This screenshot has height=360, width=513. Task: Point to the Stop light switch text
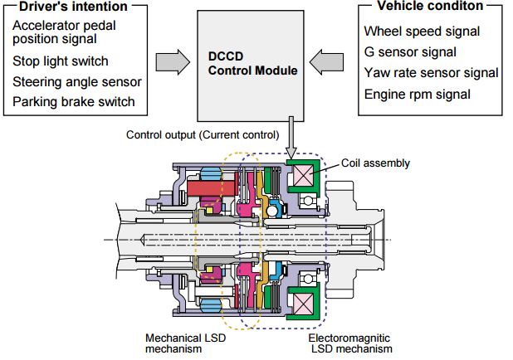pos(60,61)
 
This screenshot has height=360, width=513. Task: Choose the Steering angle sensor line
pos(77,82)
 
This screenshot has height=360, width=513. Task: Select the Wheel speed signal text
pos(422,32)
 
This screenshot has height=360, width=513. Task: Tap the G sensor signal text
pos(410,52)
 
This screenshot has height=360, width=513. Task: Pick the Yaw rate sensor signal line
pos(431,73)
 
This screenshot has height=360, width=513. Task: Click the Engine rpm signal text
pos(417,94)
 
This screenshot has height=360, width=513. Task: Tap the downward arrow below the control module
pos(291,142)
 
